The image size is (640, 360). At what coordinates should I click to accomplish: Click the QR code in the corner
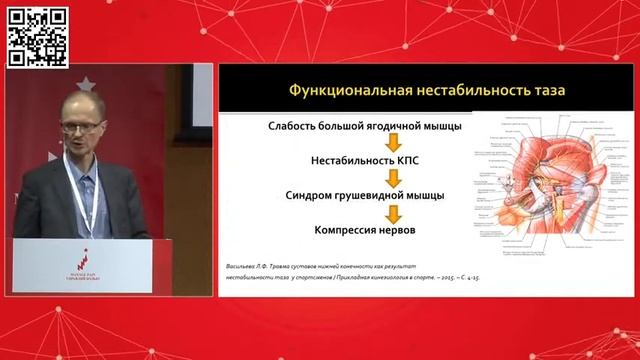[37, 36]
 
